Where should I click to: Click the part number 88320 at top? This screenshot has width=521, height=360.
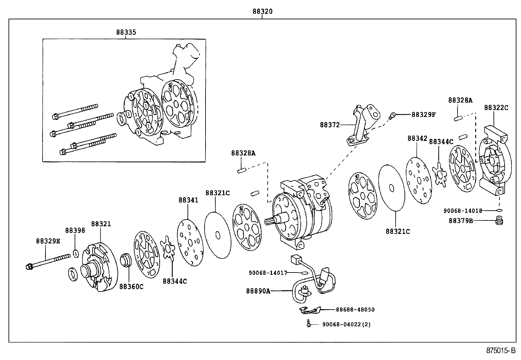(x=262, y=11)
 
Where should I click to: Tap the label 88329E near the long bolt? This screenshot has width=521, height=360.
(x=48, y=241)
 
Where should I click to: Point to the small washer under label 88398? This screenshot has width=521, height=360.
(x=76, y=254)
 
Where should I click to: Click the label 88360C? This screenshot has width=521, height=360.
(x=131, y=287)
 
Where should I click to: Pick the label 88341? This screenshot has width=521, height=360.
(x=188, y=199)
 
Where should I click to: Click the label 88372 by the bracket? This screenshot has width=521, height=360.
(x=330, y=125)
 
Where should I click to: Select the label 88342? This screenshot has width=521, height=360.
(x=417, y=138)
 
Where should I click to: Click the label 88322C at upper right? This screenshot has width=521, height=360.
(x=496, y=107)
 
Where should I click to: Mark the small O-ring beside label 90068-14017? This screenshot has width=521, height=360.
(x=304, y=273)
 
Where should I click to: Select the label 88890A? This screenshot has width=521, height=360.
(x=258, y=291)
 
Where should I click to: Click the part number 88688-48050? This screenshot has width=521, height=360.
(x=355, y=309)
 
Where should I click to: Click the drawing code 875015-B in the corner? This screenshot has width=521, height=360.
(x=501, y=351)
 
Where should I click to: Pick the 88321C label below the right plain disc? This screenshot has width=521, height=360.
(x=398, y=231)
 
